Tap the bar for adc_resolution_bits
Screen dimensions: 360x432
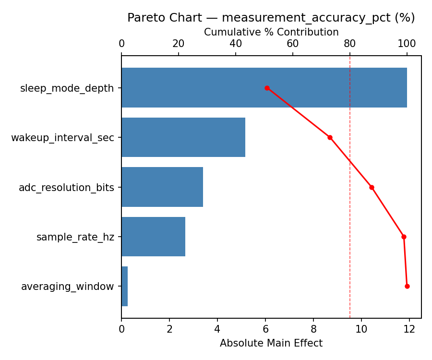point(162,187)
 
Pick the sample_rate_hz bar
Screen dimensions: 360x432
point(153,237)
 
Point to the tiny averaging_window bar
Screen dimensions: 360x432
point(124,286)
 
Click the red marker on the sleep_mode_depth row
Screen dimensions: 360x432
point(267,88)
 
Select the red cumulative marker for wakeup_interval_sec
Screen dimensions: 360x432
point(330,137)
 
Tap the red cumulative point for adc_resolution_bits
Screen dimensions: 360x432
point(372,187)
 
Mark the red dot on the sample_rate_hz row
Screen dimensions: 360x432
point(404,237)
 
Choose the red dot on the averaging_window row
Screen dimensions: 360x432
point(407,286)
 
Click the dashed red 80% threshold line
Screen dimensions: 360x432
point(350,216)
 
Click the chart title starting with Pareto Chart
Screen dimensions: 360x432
point(271,18)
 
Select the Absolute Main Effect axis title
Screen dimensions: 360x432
point(271,343)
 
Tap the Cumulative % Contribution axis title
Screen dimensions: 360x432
point(271,32)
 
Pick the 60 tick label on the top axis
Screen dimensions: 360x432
point(293,44)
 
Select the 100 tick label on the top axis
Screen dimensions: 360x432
point(407,44)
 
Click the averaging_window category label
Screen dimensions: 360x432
point(68,287)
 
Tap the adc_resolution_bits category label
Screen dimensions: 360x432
point(66,187)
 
